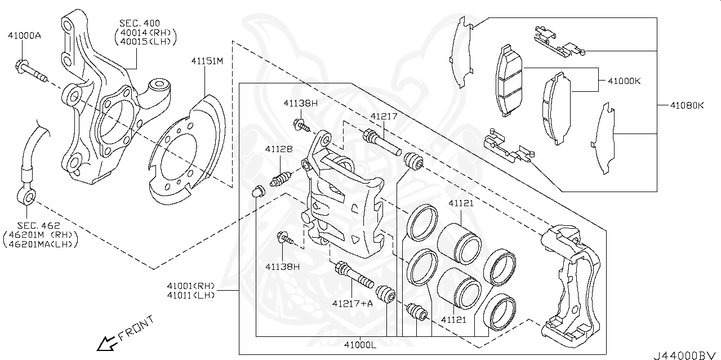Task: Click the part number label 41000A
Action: coord(24,35)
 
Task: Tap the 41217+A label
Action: coord(353,304)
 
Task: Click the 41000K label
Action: coord(624,81)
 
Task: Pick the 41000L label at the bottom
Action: coord(360,345)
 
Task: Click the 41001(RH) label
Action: coord(192,285)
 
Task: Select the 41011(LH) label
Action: coord(192,295)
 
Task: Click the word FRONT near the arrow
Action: coord(135,328)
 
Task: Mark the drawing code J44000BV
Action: coord(686,354)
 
